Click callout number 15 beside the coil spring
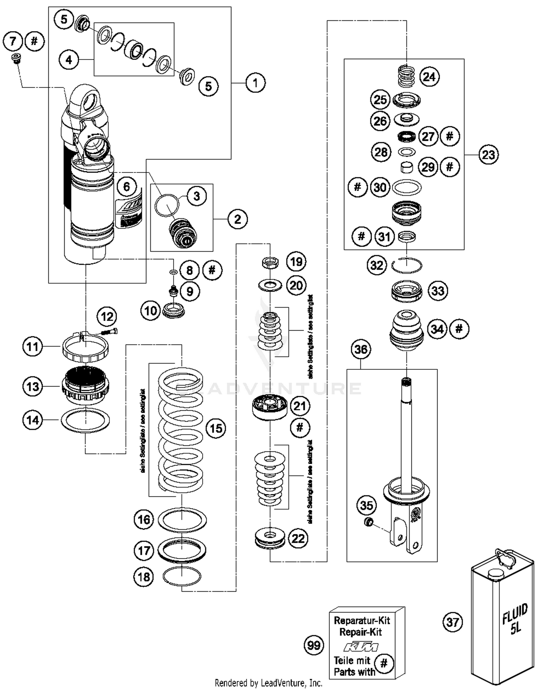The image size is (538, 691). tap(216, 428)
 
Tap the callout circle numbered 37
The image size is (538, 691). tap(453, 622)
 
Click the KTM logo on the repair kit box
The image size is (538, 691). tap(361, 647)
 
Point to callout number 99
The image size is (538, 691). tap(314, 645)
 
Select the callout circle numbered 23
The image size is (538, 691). tap(489, 155)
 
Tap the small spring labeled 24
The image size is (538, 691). tap(407, 76)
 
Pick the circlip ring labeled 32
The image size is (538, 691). tap(406, 266)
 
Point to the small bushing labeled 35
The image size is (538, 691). tap(368, 522)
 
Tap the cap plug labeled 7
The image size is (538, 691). tap(15, 59)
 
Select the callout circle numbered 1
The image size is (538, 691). tap(255, 83)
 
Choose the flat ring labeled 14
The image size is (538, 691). tap(85, 420)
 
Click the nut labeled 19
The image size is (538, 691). tap(270, 263)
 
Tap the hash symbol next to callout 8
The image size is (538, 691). tap(212, 270)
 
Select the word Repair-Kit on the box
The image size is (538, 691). tap(360, 632)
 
